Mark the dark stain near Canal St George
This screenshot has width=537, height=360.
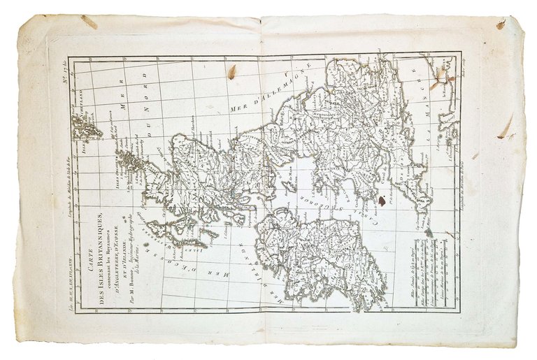click(382, 201)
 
